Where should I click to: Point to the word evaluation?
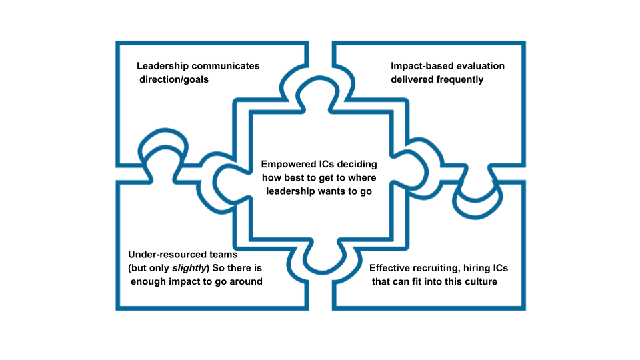pos(480,66)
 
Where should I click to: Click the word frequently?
pos(459,79)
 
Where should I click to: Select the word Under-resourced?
pos(164,255)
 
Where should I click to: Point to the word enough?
pos(151,281)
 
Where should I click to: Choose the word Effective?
pos(392,268)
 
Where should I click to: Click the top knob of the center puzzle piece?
pos(319,93)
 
